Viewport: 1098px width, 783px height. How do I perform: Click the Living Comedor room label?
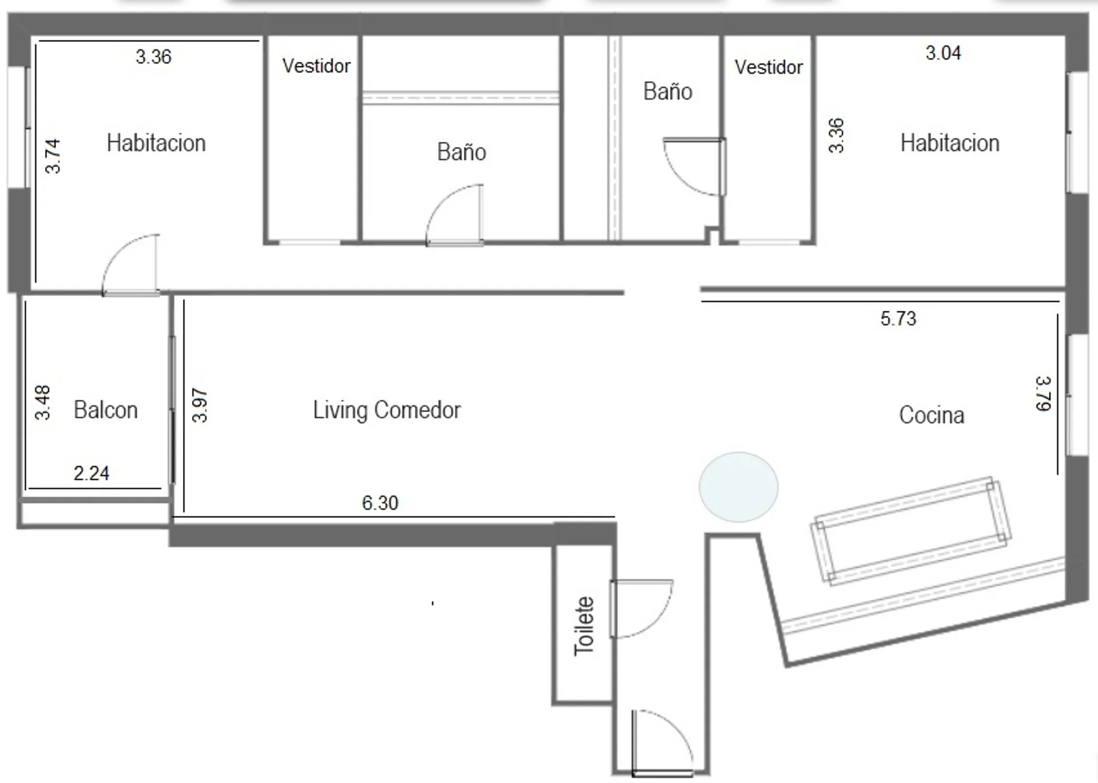[387, 410]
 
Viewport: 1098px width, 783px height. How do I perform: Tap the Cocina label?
[932, 415]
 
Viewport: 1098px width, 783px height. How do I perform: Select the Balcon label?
[106, 410]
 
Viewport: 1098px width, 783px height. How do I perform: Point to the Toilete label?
[584, 626]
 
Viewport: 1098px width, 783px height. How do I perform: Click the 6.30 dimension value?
[380, 503]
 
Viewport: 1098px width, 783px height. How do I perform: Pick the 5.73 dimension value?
[898, 318]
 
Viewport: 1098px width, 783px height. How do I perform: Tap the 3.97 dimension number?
[200, 405]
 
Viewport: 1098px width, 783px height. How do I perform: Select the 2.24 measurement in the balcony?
[91, 473]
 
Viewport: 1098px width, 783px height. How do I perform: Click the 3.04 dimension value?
[944, 53]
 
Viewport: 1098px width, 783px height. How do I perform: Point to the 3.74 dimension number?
[53, 156]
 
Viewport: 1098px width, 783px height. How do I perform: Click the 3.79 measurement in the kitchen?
[1043, 393]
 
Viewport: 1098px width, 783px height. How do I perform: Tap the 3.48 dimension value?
[43, 402]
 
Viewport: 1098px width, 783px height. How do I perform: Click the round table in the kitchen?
[738, 487]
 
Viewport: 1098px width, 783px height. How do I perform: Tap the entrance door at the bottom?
[663, 743]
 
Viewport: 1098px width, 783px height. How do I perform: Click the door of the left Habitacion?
[130, 265]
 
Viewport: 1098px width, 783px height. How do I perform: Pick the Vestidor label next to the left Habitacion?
[316, 66]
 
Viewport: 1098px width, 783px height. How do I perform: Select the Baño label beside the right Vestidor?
[668, 92]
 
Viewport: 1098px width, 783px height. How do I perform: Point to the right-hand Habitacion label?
[950, 143]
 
